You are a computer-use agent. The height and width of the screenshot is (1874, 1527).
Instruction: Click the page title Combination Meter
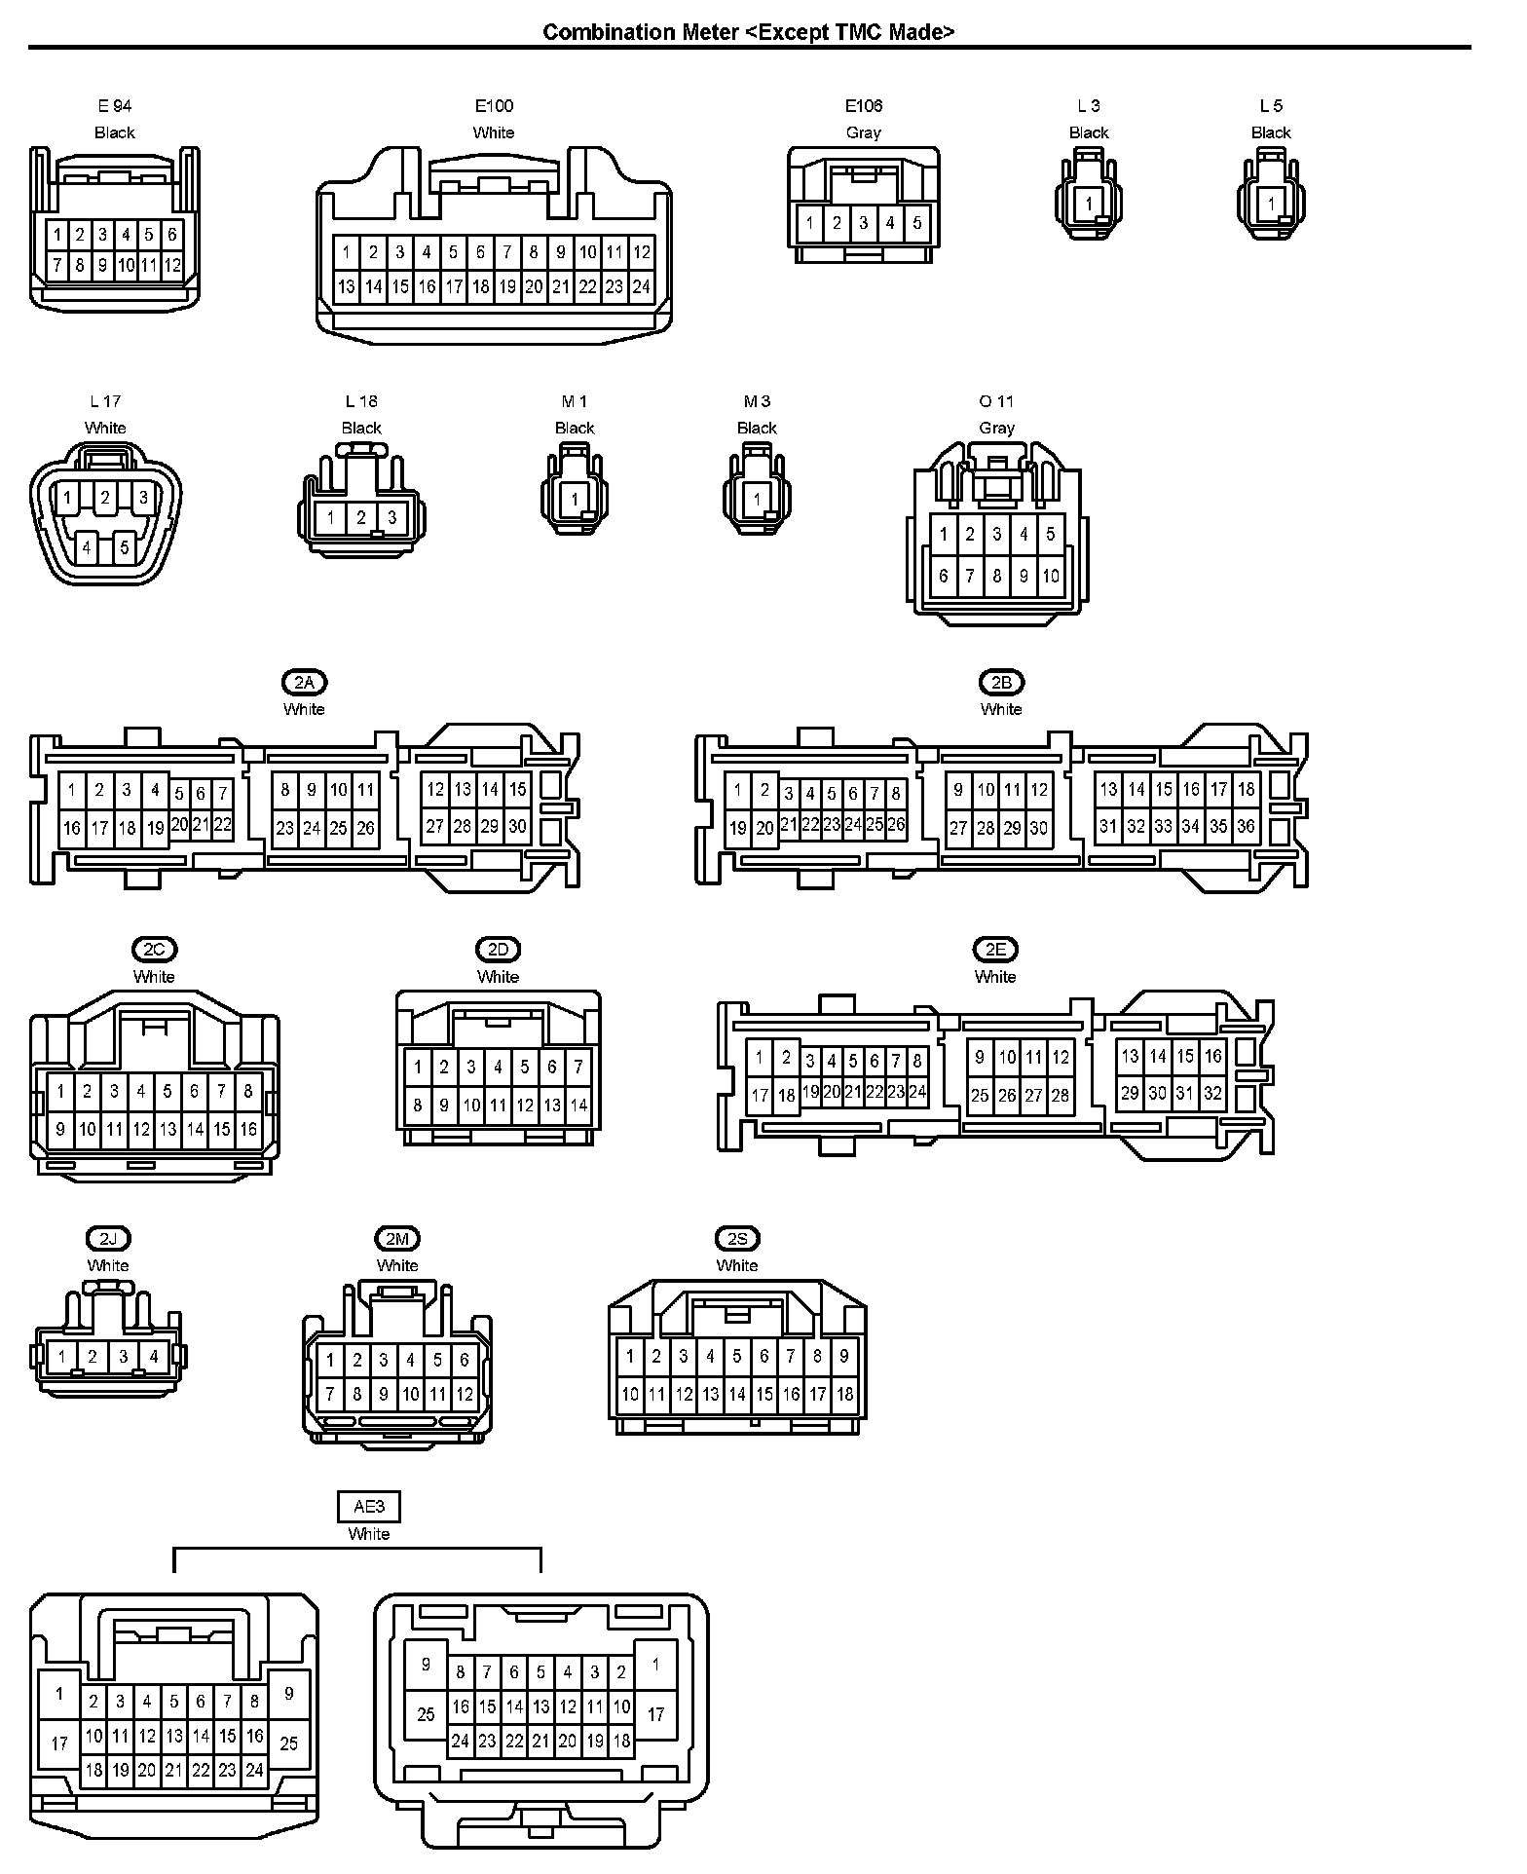(x=748, y=32)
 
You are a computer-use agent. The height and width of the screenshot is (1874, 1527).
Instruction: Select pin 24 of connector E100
(x=641, y=287)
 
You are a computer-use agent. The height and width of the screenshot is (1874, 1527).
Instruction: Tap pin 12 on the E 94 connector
(x=172, y=265)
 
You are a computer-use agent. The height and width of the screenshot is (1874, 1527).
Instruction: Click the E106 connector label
(x=863, y=106)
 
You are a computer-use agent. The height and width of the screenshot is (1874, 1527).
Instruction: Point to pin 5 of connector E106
(x=916, y=223)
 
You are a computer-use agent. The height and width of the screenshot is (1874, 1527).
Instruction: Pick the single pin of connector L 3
(x=1089, y=205)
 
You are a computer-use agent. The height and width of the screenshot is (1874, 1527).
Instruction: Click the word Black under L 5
(x=1271, y=132)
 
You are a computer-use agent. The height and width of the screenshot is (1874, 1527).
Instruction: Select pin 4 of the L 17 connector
(x=87, y=547)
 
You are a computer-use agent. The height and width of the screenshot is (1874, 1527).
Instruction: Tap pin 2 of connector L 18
(x=361, y=517)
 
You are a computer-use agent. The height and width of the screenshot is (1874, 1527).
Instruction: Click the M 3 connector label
(x=757, y=401)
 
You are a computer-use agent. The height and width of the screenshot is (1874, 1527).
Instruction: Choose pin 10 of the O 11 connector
(x=1050, y=576)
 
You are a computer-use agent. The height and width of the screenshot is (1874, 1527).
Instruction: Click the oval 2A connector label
(x=304, y=683)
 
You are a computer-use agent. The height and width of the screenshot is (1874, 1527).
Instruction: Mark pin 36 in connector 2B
(x=1246, y=827)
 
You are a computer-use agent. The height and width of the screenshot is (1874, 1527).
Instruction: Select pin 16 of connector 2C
(x=248, y=1129)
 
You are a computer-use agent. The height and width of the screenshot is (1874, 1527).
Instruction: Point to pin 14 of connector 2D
(x=578, y=1106)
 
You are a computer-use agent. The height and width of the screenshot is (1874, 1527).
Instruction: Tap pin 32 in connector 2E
(x=1212, y=1093)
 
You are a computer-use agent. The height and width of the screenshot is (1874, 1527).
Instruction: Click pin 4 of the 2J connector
(x=154, y=1356)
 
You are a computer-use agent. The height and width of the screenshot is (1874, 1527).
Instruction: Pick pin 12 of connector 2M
(x=465, y=1394)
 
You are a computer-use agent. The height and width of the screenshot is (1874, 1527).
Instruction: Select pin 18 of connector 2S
(x=844, y=1394)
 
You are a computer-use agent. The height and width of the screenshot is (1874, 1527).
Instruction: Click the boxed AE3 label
(x=369, y=1507)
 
